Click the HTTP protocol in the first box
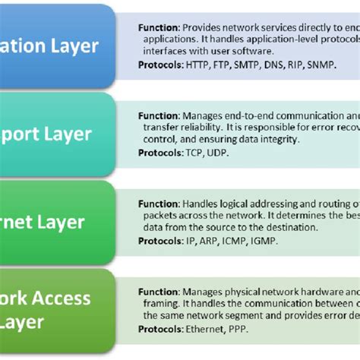[198, 65]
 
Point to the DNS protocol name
[276, 65]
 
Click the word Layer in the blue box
[74, 46]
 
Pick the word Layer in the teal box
[67, 134]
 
